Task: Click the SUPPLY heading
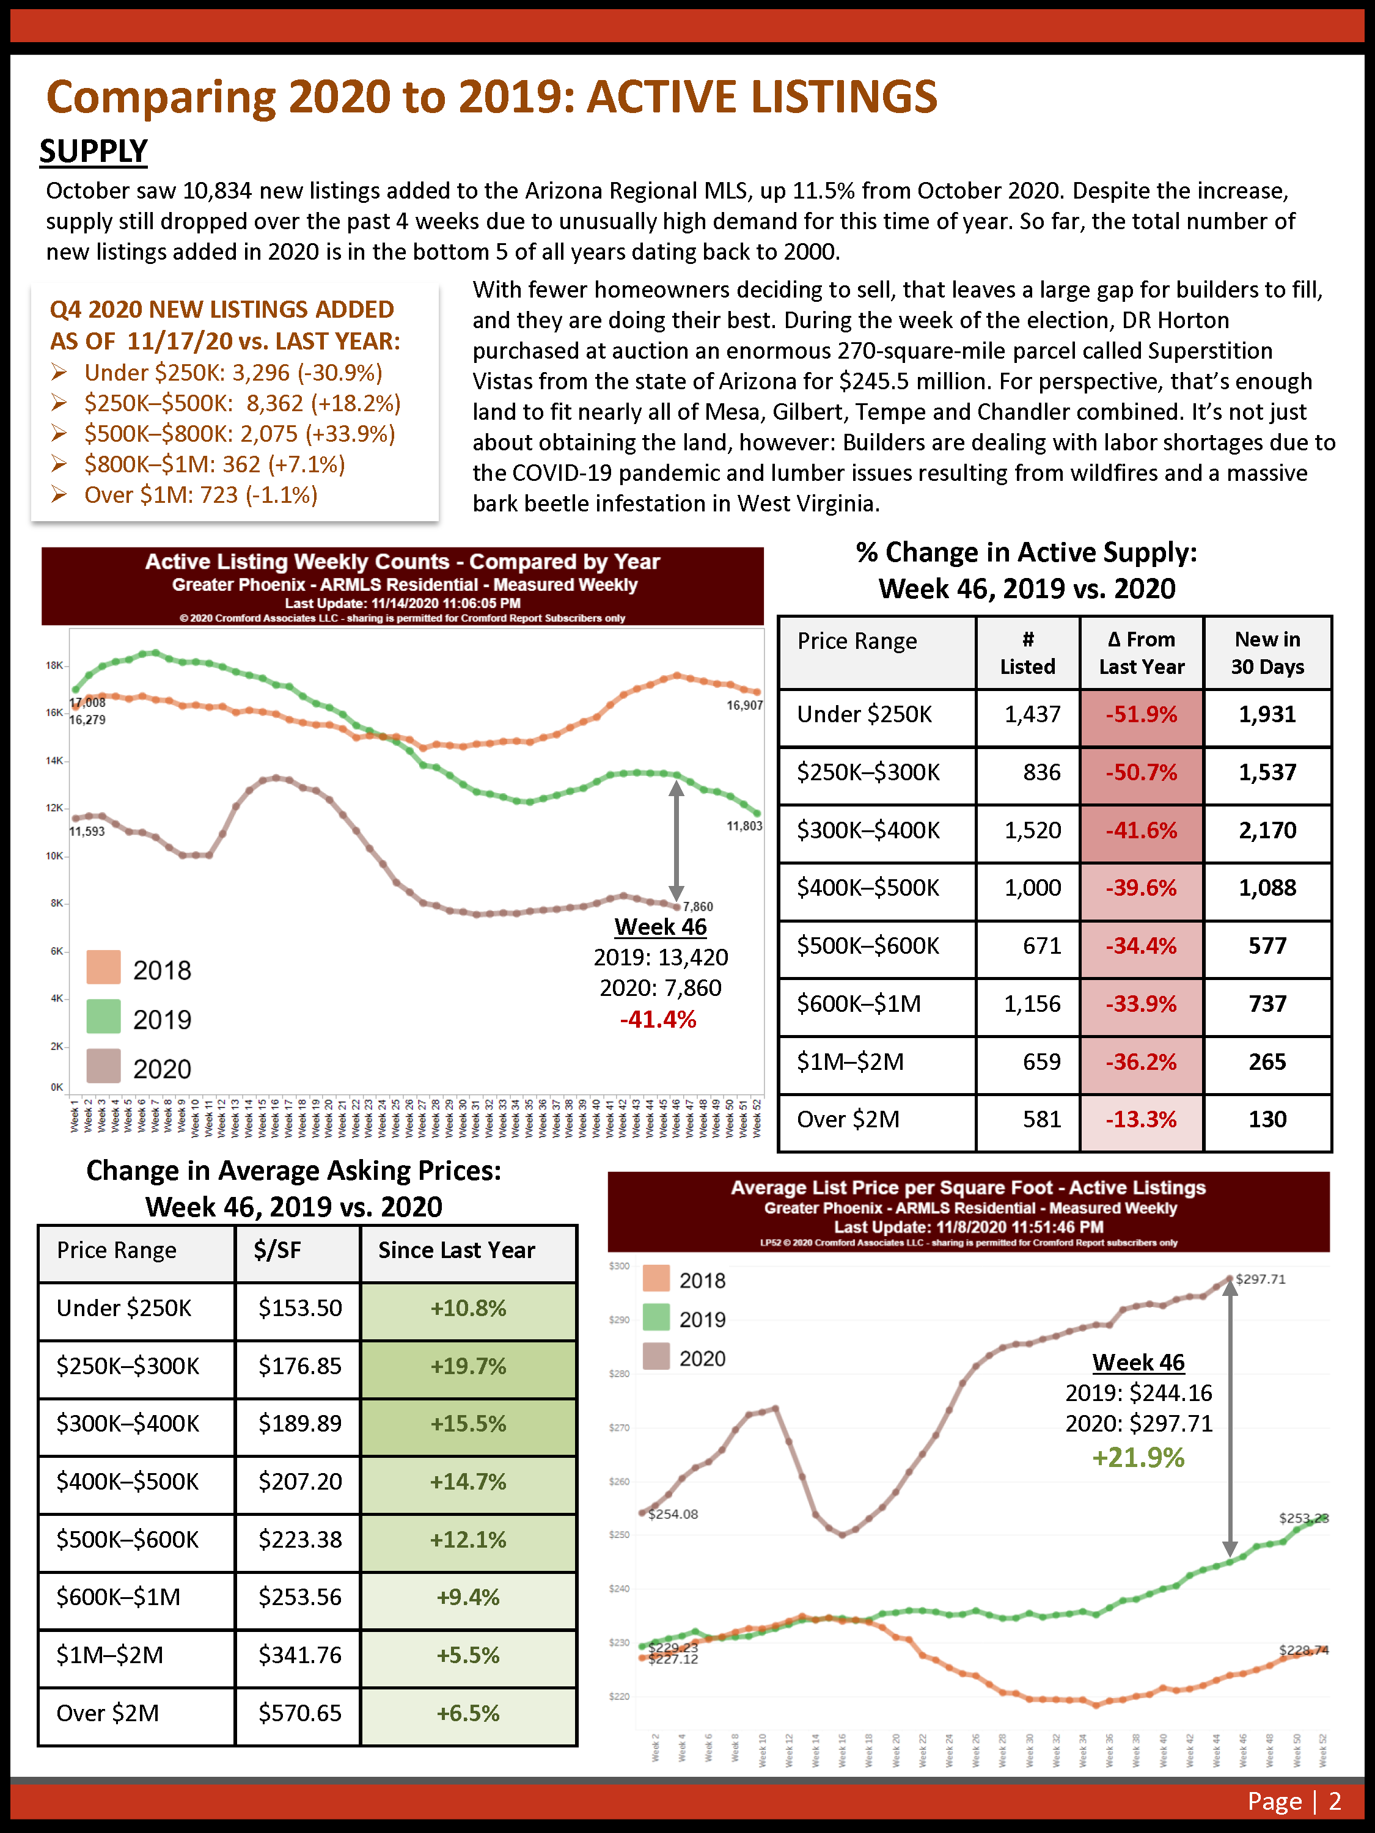point(93,152)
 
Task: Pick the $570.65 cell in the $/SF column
point(299,1713)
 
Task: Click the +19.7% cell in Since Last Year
point(468,1366)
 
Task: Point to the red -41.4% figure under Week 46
point(658,1019)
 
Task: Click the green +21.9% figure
point(1138,1458)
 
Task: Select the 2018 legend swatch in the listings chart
point(104,967)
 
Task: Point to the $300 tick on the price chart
point(619,1266)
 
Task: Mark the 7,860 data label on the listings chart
point(697,907)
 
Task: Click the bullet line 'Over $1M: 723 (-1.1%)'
point(200,496)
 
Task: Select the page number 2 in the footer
point(1335,1801)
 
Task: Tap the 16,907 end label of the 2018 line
point(744,705)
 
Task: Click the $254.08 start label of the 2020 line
point(672,1514)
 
